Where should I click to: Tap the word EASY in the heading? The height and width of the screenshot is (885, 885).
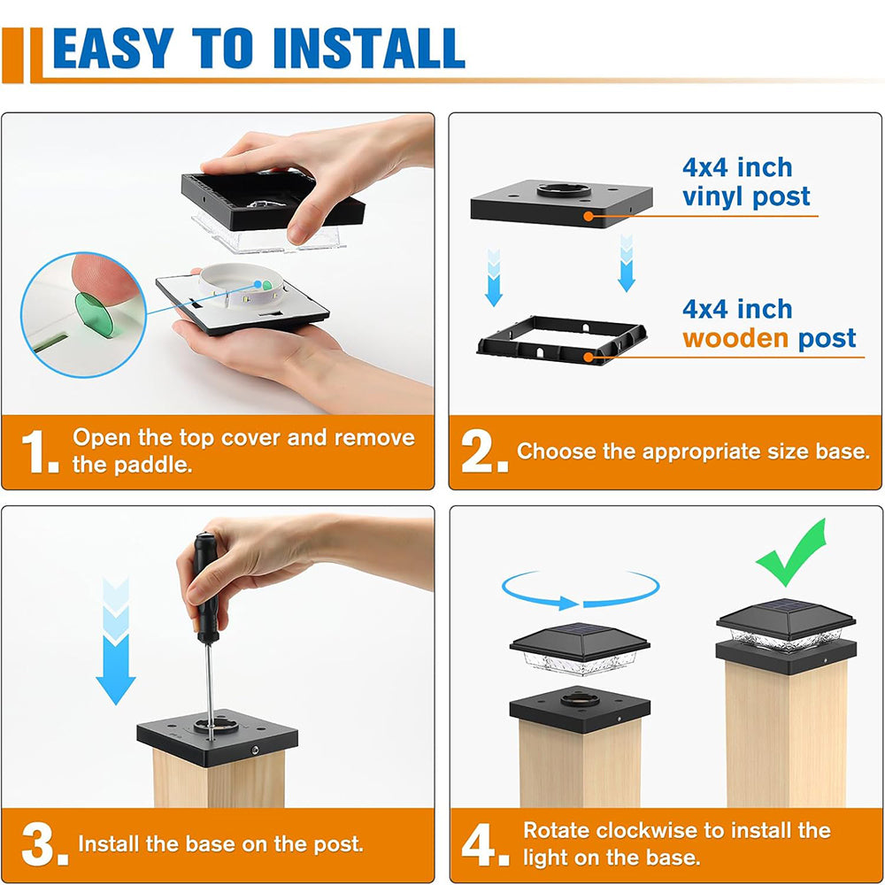pos(113,48)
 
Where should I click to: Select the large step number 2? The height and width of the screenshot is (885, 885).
pos(483,451)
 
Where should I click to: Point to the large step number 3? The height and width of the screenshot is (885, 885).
pos(44,845)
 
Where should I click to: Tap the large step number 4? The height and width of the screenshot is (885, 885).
pos(484,845)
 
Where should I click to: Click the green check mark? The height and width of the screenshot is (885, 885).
pos(791,552)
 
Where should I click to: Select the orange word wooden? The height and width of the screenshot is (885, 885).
pos(735,338)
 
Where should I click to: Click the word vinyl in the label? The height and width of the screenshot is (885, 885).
pos(712,197)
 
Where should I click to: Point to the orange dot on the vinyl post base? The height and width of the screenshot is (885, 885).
pos(589,216)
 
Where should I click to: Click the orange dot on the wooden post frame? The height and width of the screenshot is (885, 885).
pos(589,358)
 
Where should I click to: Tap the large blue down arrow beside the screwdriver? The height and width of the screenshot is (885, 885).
pos(116,641)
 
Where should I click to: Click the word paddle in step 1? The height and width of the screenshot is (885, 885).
pos(152,465)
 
